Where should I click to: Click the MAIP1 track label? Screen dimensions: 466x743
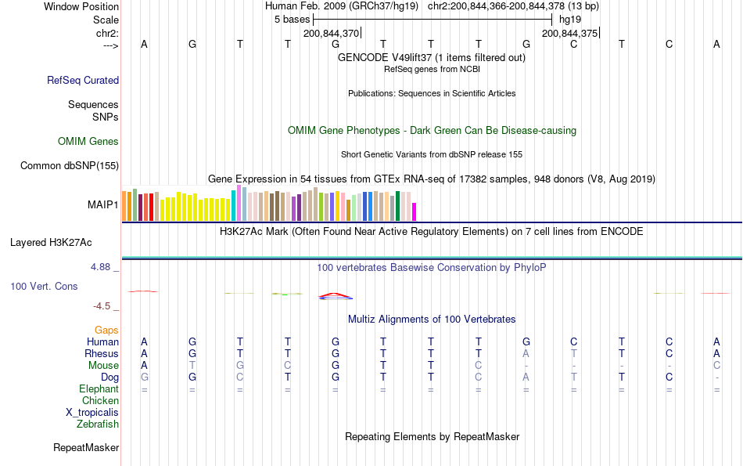[x=103, y=205]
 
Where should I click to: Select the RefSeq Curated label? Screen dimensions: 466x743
[x=83, y=80]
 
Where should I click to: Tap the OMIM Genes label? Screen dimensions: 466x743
[x=88, y=142]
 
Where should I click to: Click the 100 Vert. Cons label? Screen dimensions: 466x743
[x=44, y=287]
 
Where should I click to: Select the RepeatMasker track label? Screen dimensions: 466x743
[x=86, y=448]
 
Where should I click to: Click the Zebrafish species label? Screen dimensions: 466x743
[x=98, y=424]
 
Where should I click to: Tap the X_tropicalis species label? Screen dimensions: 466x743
[x=92, y=413]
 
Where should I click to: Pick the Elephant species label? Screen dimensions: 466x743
[x=99, y=389]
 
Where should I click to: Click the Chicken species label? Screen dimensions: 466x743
[x=101, y=401]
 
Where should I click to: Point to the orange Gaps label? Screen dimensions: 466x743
[x=106, y=331]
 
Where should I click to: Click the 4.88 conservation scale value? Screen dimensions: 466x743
[x=102, y=267]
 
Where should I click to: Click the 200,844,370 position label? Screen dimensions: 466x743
[x=331, y=34]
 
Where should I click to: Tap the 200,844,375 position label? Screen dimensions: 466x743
[x=569, y=34]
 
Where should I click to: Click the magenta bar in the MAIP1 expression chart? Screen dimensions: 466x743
[x=415, y=212]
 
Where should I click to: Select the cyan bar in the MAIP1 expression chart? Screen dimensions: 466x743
[x=234, y=205]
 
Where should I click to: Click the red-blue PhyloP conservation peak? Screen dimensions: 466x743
[x=335, y=296]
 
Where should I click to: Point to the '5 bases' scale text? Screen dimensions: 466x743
[x=292, y=20]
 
